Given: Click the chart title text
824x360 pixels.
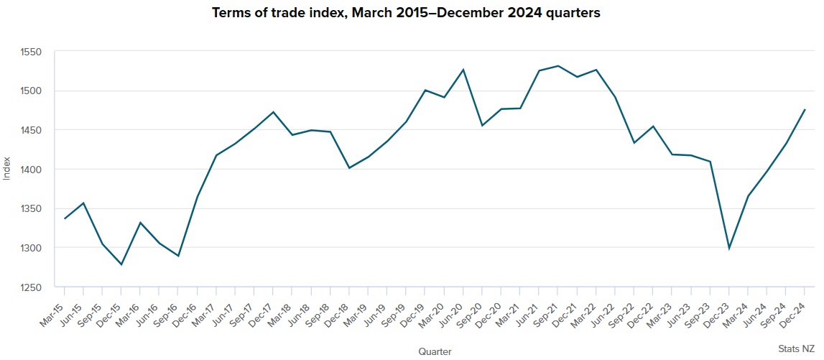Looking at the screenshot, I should [x=406, y=14].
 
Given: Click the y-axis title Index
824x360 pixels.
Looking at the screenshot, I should [x=7, y=170].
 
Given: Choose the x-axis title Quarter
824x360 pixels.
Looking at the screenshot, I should [x=435, y=351].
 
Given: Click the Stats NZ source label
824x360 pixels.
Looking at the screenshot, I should [x=797, y=348].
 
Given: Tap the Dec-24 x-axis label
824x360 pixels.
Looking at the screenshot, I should [x=793, y=307].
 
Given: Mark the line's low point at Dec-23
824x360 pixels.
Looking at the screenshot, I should [x=729, y=249].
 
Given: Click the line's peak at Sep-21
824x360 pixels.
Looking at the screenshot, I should [x=558, y=66].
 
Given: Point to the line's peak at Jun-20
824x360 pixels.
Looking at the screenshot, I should [x=463, y=69].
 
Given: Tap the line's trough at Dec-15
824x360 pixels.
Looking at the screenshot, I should [x=121, y=264].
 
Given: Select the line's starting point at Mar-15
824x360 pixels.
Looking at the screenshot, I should [x=65, y=218].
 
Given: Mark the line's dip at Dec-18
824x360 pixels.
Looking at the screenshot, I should [x=349, y=168].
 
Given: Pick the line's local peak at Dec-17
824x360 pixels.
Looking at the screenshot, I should [x=273, y=112].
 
